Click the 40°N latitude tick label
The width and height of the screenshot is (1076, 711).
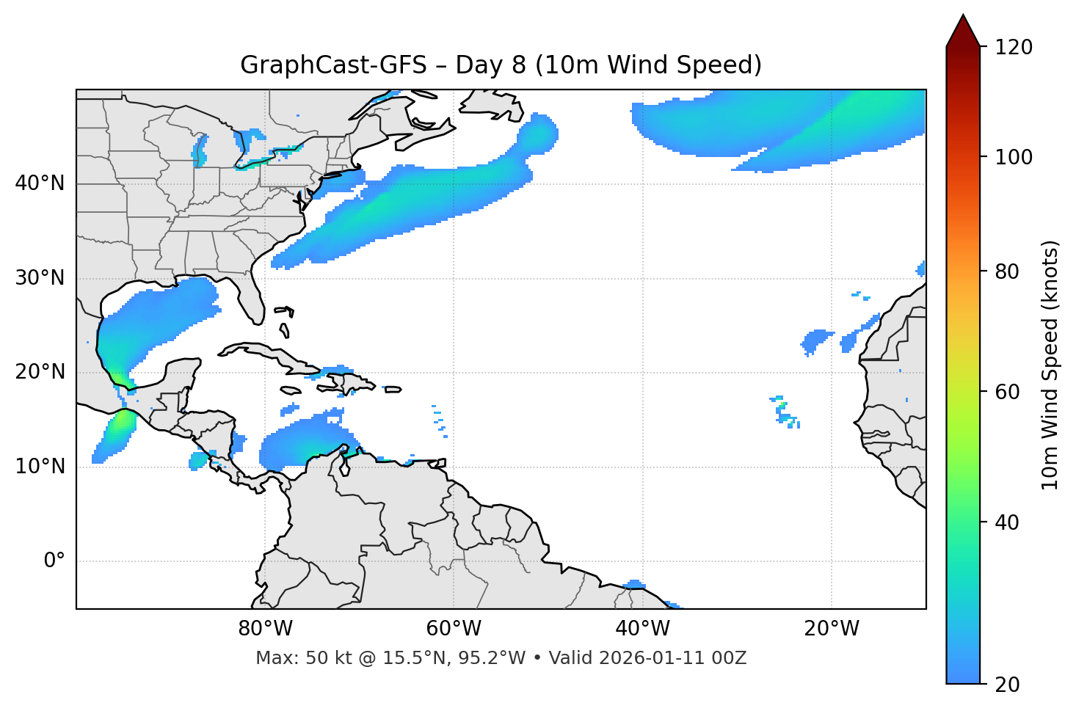pos(40,183)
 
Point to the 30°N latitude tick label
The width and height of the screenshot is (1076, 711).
pos(40,278)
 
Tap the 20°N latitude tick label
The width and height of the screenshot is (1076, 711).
pos(40,372)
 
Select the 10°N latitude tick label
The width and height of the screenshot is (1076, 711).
pos(40,467)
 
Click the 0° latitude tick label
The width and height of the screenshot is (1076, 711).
pos(54,561)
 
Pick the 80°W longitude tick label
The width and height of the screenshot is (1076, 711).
pos(265,629)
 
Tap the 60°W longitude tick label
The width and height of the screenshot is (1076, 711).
pos(454,629)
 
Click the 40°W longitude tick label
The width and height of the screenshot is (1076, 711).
pos(642,629)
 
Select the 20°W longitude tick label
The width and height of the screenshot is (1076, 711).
pos(831,629)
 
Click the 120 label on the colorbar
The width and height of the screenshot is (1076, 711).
pos(1013,48)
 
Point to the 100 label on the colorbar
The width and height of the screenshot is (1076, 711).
pos(1013,157)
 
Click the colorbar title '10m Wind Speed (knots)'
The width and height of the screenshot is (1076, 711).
pos(1050,365)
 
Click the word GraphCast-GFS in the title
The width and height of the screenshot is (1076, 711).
pos(333,65)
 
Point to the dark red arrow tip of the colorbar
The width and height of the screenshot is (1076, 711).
pos(963,29)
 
